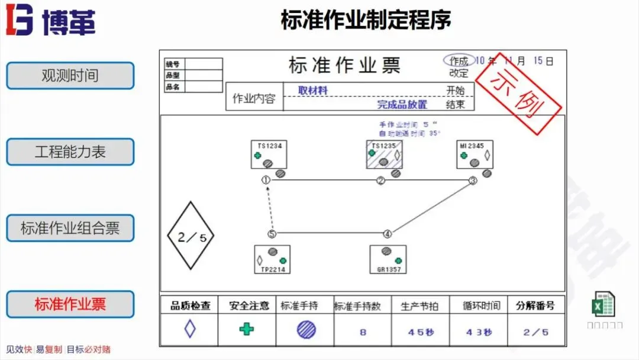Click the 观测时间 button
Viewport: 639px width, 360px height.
70,76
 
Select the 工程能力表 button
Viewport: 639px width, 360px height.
70,152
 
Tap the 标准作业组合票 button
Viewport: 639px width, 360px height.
70,228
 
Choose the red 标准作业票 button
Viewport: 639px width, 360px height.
70,304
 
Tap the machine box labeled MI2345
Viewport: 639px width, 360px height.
475,155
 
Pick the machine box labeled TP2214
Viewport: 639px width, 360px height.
272,259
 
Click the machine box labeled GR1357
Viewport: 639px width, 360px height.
388,259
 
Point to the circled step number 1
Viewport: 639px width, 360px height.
266,180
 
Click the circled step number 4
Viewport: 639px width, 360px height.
387,234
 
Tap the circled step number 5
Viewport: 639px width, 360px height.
272,234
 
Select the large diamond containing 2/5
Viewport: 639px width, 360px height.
191,236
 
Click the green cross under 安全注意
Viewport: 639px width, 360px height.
247,329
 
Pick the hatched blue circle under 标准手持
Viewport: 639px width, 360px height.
306,329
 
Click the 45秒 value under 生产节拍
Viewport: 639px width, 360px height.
420,332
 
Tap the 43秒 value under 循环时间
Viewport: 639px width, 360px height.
478,332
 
